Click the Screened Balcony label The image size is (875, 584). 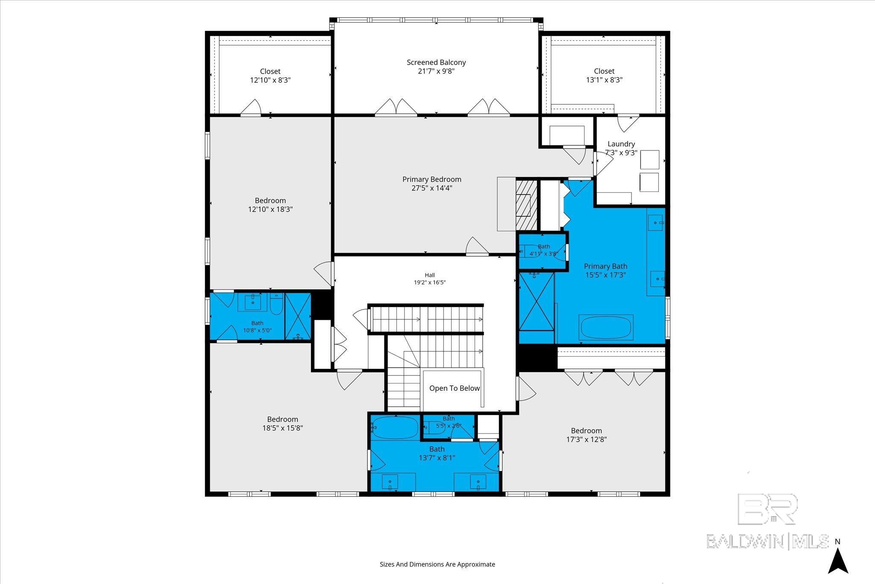point(436,62)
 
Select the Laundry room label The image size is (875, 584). point(621,144)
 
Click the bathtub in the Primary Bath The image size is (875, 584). point(606,327)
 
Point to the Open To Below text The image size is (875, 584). point(455,388)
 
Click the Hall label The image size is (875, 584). point(430,275)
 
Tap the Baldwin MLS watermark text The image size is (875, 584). point(768,541)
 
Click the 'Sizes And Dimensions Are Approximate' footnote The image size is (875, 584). point(437,564)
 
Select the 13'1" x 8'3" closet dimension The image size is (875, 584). point(604,80)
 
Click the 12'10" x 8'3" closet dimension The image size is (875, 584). point(270,80)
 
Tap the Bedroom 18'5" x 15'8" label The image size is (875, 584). point(282,424)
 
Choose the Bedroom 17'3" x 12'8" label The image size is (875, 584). point(586,435)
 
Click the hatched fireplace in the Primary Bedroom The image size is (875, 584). point(526,205)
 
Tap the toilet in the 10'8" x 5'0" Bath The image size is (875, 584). point(276,304)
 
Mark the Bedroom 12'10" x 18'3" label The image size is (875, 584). point(270,205)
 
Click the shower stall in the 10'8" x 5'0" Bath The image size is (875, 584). point(298,316)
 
